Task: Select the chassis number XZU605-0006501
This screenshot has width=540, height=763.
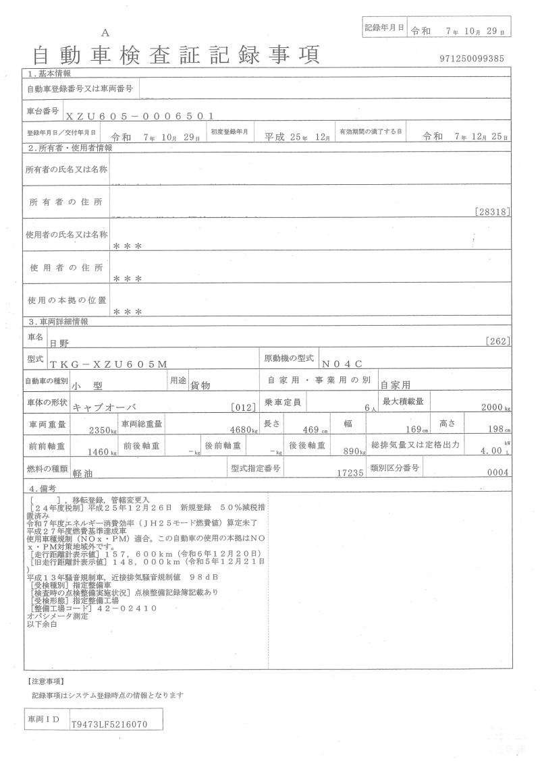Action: click(x=140, y=115)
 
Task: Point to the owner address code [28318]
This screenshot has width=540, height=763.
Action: click(x=493, y=212)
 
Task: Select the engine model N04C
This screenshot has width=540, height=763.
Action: click(x=342, y=364)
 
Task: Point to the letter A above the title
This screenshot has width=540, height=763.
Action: click(x=105, y=32)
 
